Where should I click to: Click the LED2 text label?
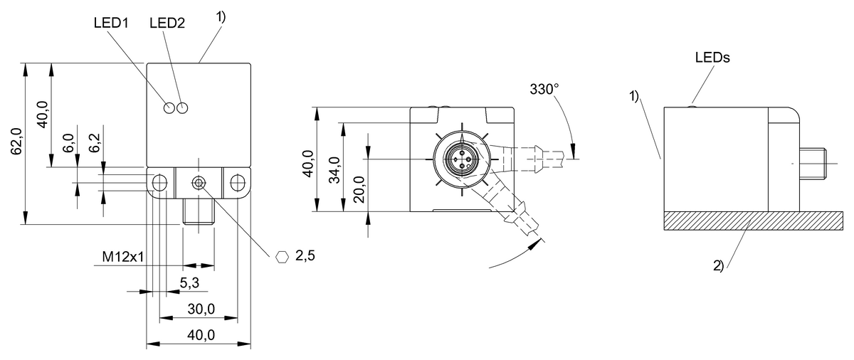pyautogui.click(x=167, y=23)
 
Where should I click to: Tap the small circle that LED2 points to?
pyautogui.click(x=183, y=108)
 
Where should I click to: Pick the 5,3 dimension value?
pyautogui.click(x=189, y=283)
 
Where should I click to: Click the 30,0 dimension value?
pyautogui.click(x=200, y=309)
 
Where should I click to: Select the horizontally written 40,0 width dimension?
pyautogui.click(x=200, y=335)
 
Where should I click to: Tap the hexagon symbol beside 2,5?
pyautogui.click(x=283, y=256)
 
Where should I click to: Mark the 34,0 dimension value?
pyautogui.click(x=334, y=169)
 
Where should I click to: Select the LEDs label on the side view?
pyautogui.click(x=712, y=59)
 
